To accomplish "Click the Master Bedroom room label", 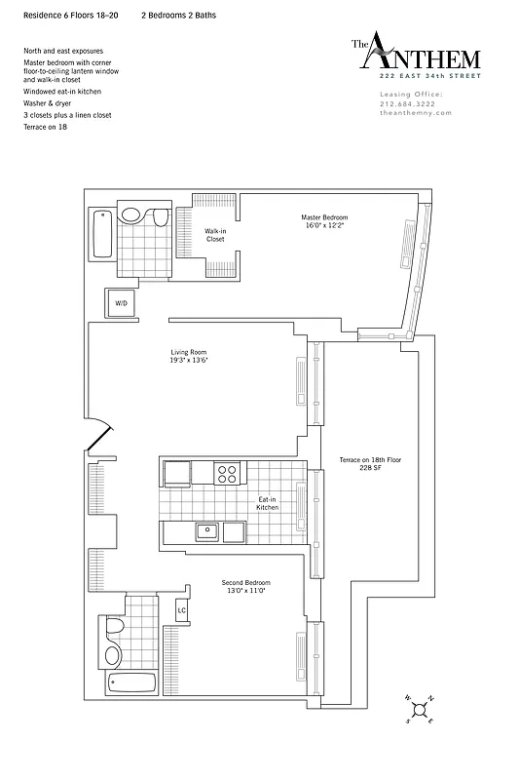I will pyautogui.click(x=324, y=220).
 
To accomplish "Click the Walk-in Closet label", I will pyautogui.click(x=215, y=235).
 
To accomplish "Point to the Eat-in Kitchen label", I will pyautogui.click(x=268, y=504).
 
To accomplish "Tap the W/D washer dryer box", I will pyautogui.click(x=122, y=304).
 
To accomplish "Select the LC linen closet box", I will pyautogui.click(x=181, y=611).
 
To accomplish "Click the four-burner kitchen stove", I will pyautogui.click(x=227, y=474).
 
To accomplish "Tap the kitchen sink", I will pyautogui.click(x=205, y=531).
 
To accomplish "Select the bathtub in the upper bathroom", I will pyautogui.click(x=100, y=235).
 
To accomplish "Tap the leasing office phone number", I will pyautogui.click(x=409, y=103).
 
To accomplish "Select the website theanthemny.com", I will pyautogui.click(x=411, y=113).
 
